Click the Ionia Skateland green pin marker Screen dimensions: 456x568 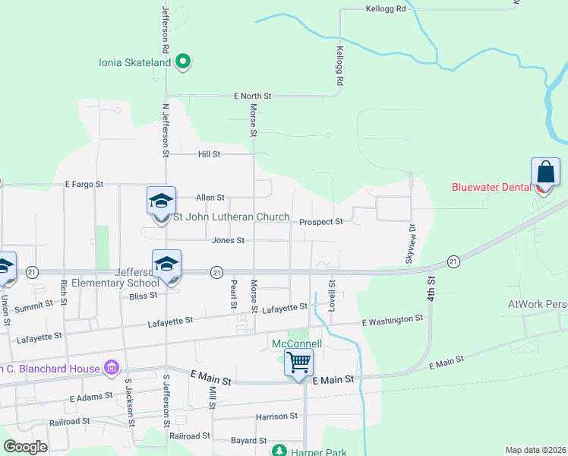(182, 62)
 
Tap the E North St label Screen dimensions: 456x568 (251, 97)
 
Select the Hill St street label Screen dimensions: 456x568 (209, 154)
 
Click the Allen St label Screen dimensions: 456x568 (210, 197)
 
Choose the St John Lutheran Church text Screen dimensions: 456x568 (232, 217)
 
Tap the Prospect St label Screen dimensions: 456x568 (321, 222)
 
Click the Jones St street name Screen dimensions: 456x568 (228, 240)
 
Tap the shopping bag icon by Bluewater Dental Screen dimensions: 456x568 (545, 172)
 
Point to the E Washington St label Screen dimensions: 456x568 (392, 320)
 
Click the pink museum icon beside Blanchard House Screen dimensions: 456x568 (112, 369)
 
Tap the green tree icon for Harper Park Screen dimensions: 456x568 (279, 451)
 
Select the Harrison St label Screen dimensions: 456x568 (276, 416)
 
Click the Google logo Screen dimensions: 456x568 (26, 447)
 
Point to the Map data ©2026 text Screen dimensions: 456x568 (535, 450)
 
